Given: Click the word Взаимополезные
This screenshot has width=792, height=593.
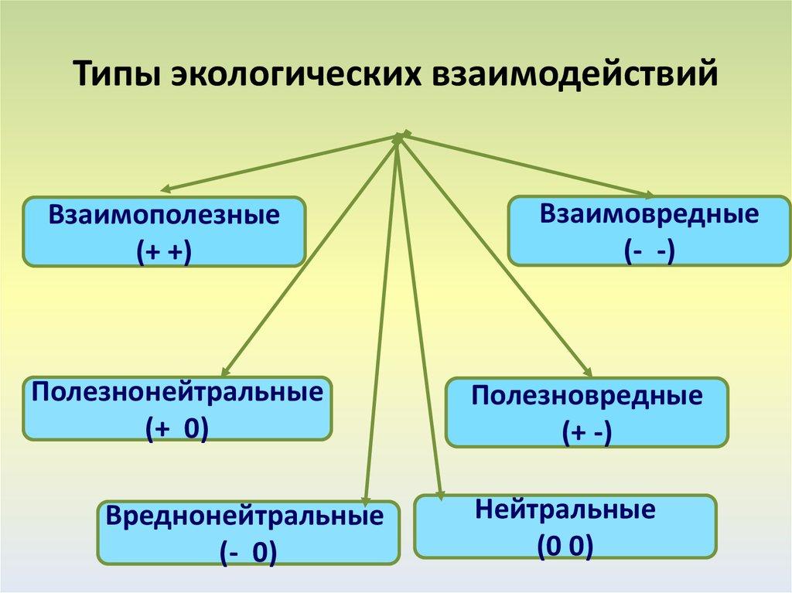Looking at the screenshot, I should [x=164, y=215].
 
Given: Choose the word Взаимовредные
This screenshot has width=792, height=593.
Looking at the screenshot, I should [x=649, y=214].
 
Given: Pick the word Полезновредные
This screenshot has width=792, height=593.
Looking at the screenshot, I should [x=587, y=397].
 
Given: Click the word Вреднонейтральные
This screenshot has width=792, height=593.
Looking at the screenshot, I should [x=245, y=516].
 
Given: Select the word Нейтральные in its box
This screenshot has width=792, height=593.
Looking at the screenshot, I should [x=566, y=510].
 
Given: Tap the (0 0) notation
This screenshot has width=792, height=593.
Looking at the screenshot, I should [x=565, y=546].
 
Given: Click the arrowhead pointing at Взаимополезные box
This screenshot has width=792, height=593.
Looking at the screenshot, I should [x=165, y=189].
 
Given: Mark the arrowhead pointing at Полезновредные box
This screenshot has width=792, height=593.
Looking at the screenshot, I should [x=586, y=373].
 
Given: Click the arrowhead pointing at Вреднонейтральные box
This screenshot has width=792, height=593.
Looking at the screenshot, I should [x=366, y=503].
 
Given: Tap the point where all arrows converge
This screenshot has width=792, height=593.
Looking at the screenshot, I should [x=399, y=137].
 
